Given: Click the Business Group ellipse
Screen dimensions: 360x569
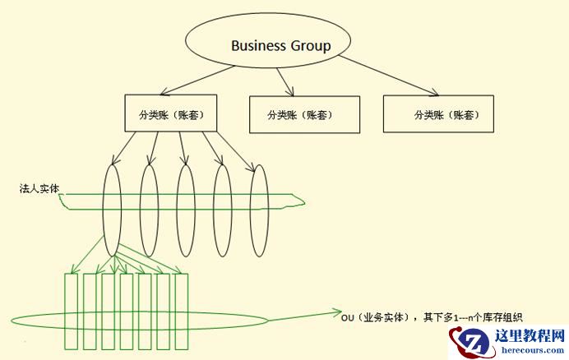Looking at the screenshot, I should [269, 46].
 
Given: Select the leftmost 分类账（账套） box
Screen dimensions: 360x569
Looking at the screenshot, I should [170, 113].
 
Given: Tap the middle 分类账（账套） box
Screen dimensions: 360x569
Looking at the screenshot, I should [303, 114].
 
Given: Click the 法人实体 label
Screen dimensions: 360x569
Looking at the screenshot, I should [39, 189].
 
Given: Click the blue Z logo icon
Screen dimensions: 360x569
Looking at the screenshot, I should [476, 344].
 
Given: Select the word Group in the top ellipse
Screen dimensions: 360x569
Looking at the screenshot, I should [310, 46].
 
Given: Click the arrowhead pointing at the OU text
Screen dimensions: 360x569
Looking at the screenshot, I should [332, 312].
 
